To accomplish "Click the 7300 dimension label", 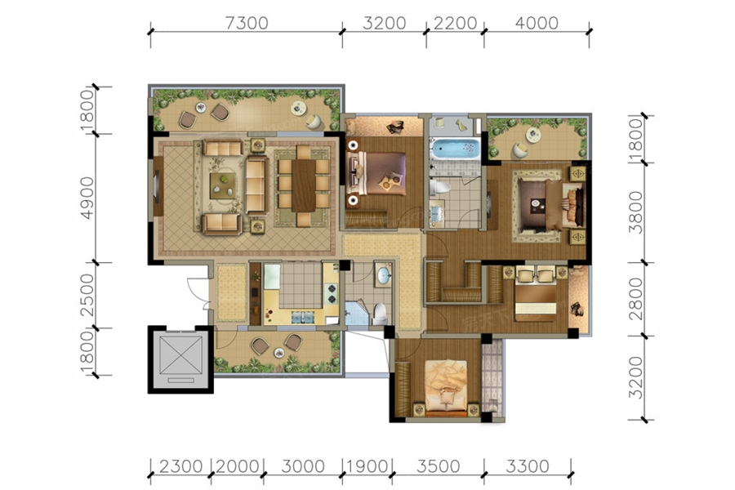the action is tap(247, 23).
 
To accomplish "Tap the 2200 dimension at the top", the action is tap(455, 23).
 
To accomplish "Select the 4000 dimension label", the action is tap(537, 23).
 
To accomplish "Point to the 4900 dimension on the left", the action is tap(87, 198).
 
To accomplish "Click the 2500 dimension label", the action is tap(87, 296).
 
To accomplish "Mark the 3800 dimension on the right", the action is tap(635, 212).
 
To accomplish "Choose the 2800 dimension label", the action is tap(635, 299).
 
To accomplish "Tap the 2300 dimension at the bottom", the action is tap(181, 466).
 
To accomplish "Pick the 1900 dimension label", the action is tap(367, 466).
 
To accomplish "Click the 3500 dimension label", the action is tap(439, 466).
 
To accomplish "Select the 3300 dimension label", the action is tap(528, 466).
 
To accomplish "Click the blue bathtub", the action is tap(455, 149).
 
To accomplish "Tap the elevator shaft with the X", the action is tap(181, 359).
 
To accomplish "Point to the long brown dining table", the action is tap(304, 185).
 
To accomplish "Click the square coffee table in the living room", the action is tap(223, 185).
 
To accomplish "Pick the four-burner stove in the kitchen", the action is tap(332, 292).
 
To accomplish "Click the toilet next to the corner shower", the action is tap(380, 314).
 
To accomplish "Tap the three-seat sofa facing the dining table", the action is tap(257, 185).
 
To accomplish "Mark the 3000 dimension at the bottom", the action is tap(303, 466).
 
